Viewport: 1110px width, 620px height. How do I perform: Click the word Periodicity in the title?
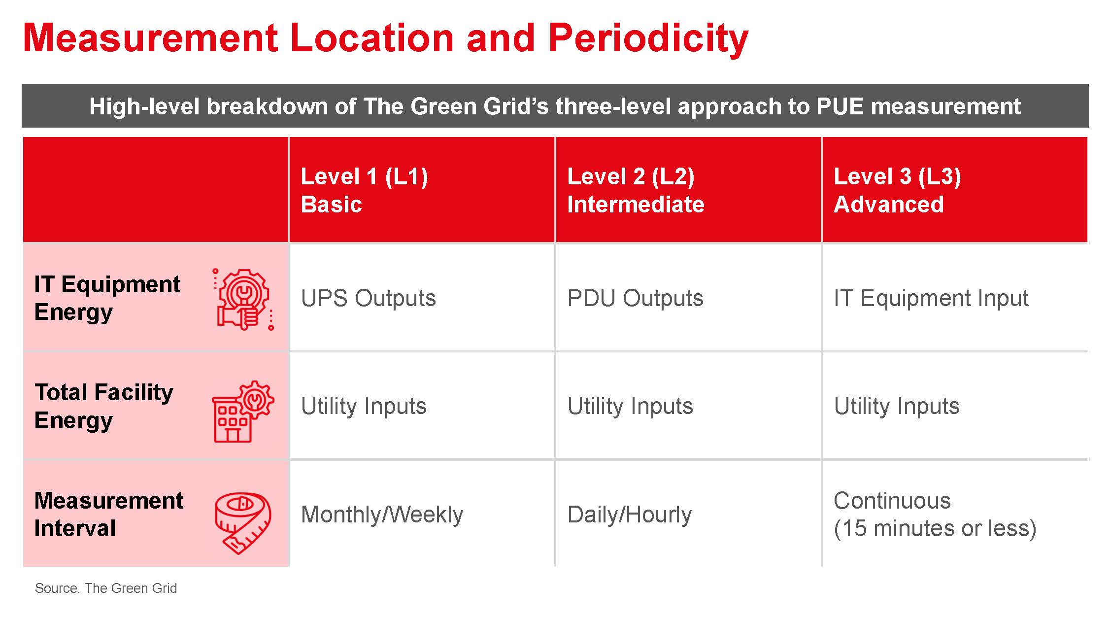tap(647, 38)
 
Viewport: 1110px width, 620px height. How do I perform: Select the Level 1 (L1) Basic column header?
tap(364, 190)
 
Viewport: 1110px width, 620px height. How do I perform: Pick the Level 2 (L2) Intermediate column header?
tap(635, 190)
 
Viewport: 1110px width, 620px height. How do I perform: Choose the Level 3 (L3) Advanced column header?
tap(897, 190)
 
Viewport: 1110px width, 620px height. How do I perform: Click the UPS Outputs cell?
tap(368, 298)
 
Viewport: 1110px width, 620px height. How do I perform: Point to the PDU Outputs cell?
tap(635, 298)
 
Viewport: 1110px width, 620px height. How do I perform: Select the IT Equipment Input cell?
tap(931, 298)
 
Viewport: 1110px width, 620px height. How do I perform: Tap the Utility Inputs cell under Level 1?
tap(364, 406)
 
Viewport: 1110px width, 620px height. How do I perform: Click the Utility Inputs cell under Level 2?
tap(630, 406)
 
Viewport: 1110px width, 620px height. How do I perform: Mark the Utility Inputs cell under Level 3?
tap(897, 406)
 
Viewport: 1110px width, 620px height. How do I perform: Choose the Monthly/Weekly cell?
tap(382, 515)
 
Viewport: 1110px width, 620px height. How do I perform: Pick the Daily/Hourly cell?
tap(629, 515)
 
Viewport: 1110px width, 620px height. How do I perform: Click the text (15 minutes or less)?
tap(935, 528)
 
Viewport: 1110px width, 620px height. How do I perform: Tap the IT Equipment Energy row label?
tap(107, 298)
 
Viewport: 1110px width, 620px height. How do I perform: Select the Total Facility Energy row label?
tap(103, 406)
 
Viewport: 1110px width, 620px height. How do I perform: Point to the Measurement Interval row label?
tap(108, 515)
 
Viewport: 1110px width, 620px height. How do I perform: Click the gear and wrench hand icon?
tap(243, 299)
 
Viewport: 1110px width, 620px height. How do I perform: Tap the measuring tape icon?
tap(243, 522)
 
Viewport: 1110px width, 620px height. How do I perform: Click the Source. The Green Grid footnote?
tap(105, 588)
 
